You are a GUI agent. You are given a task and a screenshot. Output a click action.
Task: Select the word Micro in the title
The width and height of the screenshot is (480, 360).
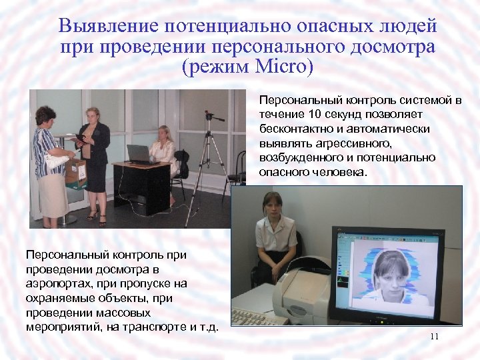(279, 67)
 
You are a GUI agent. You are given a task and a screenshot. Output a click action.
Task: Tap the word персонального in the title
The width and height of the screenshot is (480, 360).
(264, 47)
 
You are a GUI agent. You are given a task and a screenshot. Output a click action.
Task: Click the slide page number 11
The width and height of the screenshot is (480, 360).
(434, 337)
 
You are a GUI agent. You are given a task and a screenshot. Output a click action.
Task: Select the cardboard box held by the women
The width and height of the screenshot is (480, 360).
(76, 171)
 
